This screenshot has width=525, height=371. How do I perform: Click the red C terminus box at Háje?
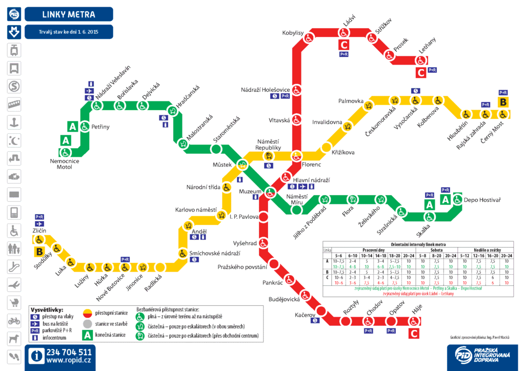coord(414,335)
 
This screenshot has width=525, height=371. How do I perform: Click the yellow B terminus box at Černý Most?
coord(503,102)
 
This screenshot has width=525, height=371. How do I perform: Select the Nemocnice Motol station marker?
coord(65,152)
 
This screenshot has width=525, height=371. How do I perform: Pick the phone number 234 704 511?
coord(69,352)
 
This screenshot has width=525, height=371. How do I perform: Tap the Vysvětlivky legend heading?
coord(47,310)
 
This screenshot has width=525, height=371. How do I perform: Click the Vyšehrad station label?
coord(244,243)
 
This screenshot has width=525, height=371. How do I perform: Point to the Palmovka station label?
coord(351,101)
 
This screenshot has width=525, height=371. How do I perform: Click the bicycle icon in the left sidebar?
coord(14,321)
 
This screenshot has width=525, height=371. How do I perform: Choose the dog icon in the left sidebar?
coord(14,338)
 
